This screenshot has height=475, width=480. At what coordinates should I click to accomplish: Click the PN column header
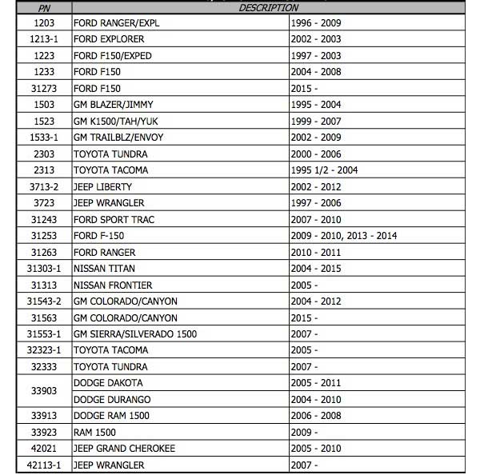coord(43,7)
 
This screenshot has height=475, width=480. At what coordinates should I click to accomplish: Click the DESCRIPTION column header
coord(268,7)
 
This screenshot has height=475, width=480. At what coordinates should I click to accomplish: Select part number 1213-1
coord(43,39)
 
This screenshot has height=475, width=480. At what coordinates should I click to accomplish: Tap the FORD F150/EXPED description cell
coord(112,56)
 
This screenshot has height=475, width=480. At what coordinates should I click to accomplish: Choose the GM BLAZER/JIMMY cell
coord(113,105)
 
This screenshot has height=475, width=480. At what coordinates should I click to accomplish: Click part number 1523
coord(43,122)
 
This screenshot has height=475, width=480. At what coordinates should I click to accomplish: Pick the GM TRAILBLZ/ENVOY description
coord(118,138)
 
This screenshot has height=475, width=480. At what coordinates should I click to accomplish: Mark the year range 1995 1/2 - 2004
coord(334,170)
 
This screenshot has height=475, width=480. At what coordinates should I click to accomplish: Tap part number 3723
coord(43,203)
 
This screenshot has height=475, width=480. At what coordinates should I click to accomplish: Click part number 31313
coord(43,285)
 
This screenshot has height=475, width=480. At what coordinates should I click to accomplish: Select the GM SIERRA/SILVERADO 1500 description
coord(134,334)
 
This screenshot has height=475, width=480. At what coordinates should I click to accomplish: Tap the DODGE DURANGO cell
coord(112,400)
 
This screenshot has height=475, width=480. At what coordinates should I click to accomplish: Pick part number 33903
coord(43,391)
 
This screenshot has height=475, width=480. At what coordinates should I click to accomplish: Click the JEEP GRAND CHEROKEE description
coord(124,449)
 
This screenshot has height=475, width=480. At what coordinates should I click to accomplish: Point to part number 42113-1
coord(43,465)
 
